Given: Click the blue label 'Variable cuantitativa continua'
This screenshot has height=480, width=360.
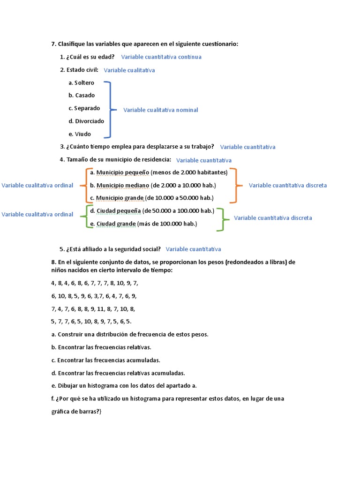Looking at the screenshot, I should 161,57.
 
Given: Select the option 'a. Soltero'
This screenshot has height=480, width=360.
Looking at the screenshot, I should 81,83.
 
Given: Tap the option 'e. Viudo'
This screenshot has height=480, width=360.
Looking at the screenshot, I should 80,134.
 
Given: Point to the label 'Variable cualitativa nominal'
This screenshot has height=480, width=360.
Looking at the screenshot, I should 161,110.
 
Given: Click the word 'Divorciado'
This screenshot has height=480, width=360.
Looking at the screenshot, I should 90,121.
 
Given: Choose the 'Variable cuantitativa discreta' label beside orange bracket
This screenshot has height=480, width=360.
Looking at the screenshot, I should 288,185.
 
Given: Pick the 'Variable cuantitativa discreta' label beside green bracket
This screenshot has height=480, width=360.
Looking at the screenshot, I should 273,218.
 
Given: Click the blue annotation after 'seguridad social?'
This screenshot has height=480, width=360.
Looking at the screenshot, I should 193,249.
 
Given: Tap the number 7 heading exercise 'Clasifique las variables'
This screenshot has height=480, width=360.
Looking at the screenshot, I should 53,44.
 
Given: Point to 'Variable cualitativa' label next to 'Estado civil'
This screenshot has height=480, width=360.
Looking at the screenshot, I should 129,70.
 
